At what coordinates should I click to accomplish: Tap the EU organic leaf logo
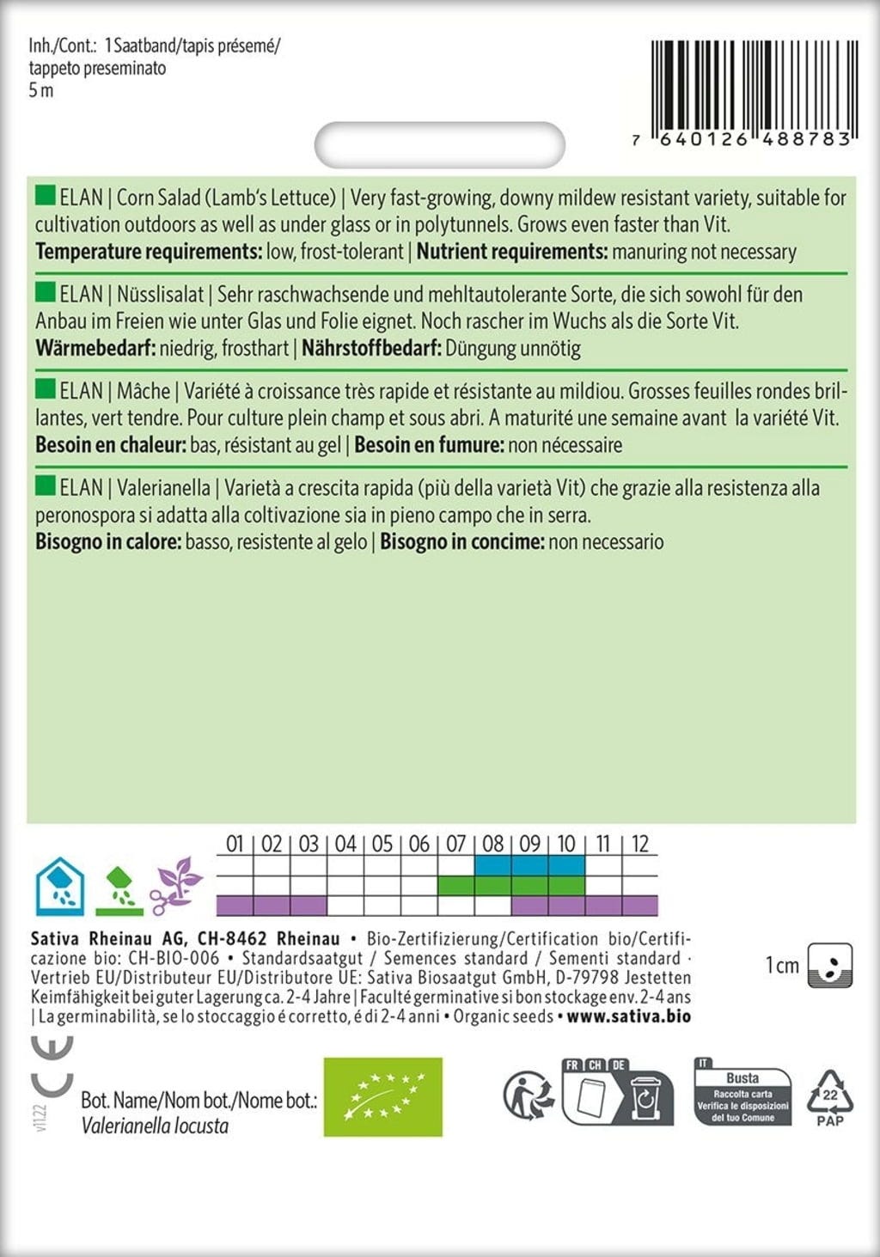(x=382, y=1097)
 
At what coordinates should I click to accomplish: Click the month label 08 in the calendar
(x=492, y=844)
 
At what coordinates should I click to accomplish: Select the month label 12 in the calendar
(x=640, y=844)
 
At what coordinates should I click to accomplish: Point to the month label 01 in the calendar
(x=235, y=844)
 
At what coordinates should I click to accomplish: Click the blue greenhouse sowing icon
(x=59, y=886)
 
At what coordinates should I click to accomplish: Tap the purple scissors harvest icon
(x=177, y=886)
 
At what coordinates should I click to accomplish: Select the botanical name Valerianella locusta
(x=155, y=1126)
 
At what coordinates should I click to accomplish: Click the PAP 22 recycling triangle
(x=829, y=1097)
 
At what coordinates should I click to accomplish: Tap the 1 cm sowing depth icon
(x=830, y=965)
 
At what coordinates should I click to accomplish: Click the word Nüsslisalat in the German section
(x=160, y=295)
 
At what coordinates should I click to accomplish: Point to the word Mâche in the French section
(x=144, y=392)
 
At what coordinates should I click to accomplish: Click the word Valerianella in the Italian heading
(x=163, y=488)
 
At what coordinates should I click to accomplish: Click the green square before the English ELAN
(x=45, y=196)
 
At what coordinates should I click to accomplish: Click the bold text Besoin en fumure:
(x=429, y=445)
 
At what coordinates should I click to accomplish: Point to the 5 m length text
(x=41, y=91)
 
